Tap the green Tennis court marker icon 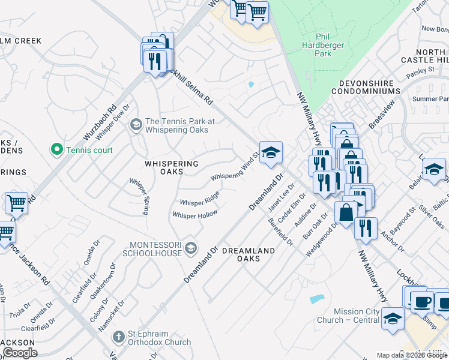coord(58,149)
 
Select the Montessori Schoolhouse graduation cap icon coord(190,248)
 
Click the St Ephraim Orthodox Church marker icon coord(118,337)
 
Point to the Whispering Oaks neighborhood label coord(172,167)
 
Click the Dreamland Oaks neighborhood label coord(249,254)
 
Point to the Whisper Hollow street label coord(194,215)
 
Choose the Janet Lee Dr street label coord(279,199)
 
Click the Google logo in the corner coord(19,352)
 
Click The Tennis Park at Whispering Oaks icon coord(136,125)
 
